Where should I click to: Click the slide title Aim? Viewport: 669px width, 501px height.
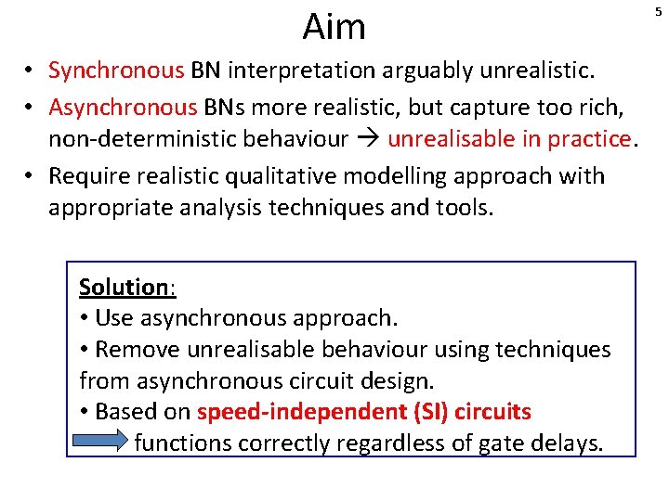point(334,27)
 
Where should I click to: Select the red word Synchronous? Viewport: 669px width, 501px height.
point(116,71)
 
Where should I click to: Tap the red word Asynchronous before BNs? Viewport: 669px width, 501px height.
point(123,107)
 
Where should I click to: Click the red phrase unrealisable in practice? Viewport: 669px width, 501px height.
point(509,139)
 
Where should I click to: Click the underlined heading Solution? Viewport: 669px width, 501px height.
point(123,287)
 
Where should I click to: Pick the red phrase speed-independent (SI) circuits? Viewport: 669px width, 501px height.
point(364,411)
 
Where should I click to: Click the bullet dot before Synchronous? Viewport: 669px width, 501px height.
point(32,71)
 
